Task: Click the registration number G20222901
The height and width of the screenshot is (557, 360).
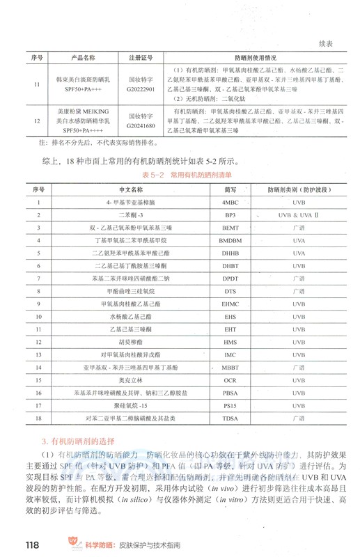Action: [136, 90]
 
